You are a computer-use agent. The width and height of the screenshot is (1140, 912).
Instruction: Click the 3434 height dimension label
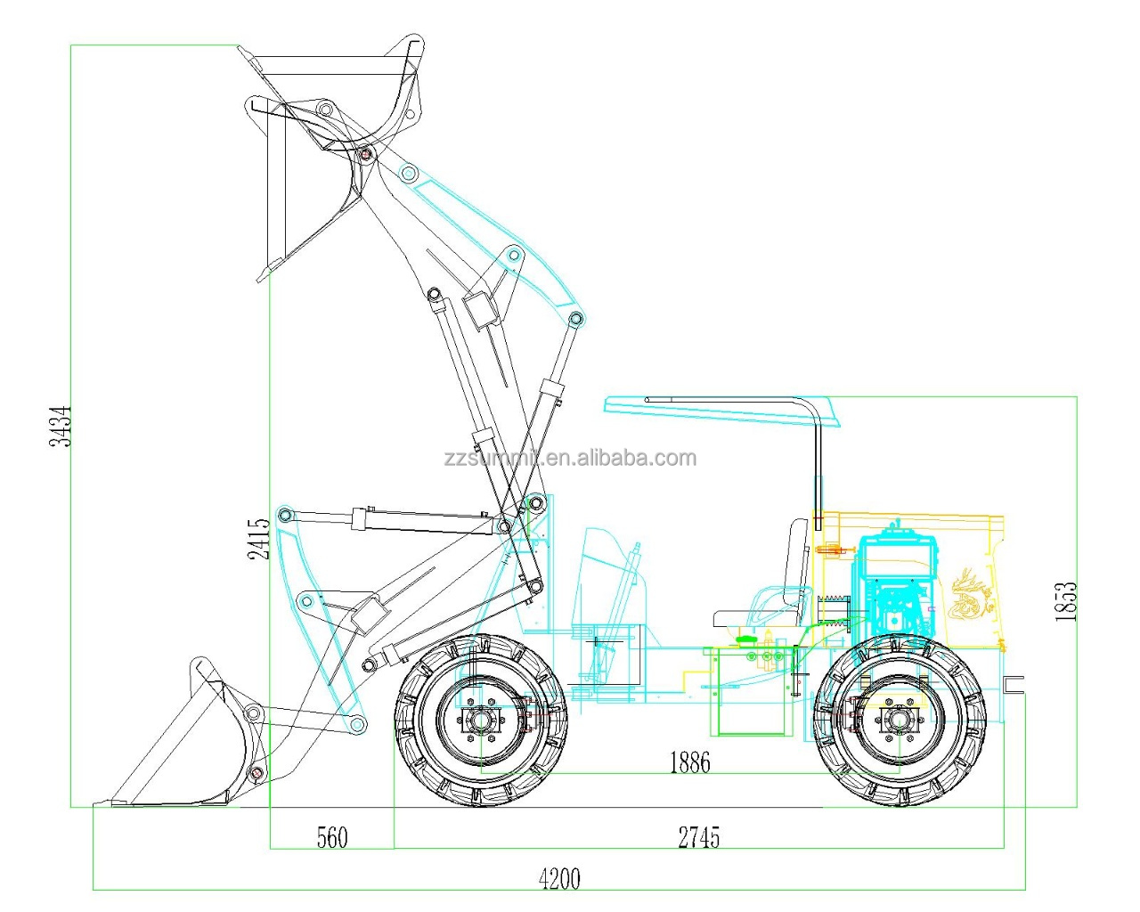61,425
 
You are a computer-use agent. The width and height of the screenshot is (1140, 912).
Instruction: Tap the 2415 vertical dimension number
259,539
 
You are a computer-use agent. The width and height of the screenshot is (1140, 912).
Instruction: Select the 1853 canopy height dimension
1065,601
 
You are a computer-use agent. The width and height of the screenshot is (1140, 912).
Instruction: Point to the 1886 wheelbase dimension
690,762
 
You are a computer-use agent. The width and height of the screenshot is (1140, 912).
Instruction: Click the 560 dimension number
332,838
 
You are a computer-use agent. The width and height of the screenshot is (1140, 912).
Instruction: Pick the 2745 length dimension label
699,838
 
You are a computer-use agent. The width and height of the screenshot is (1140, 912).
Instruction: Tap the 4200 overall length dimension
559,880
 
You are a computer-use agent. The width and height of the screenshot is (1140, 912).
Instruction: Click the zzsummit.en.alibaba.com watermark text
570,459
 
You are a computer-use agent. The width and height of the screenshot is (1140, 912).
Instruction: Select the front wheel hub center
482,721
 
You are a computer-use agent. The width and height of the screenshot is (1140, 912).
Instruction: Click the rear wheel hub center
900,721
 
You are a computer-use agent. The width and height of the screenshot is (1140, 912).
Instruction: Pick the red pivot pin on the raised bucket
364,155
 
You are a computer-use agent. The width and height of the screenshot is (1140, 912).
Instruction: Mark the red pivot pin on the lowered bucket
256,772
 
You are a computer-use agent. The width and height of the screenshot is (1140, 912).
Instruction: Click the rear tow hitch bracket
1014,684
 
